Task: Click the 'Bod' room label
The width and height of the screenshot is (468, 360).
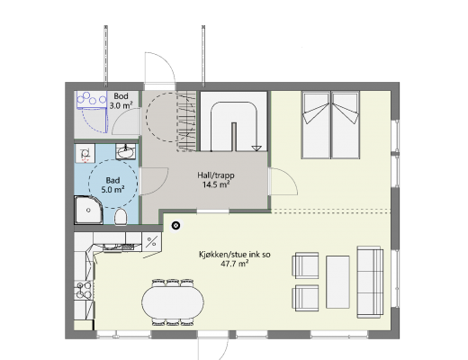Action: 121,96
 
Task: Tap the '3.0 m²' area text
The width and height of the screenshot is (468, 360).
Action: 121,105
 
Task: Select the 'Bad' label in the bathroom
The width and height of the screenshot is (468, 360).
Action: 112,180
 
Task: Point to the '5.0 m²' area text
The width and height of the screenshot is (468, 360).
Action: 112,190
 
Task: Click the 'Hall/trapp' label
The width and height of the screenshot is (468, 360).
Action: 216,175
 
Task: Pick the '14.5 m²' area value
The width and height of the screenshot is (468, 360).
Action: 216,184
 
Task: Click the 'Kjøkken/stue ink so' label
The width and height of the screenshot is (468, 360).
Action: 235,255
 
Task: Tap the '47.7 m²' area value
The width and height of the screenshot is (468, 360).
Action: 235,264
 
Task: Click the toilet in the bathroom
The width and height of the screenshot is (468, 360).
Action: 121,216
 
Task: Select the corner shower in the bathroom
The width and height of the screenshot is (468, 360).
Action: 88,210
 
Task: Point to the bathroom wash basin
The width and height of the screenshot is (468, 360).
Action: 125,151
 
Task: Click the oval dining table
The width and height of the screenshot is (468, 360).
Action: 173,301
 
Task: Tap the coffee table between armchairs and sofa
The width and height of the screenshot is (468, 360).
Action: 337,282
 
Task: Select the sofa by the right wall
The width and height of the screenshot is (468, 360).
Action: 370,282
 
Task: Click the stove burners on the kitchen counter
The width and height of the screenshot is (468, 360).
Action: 84,290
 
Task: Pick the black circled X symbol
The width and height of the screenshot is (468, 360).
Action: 175,225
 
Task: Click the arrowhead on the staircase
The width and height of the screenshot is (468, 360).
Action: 256,148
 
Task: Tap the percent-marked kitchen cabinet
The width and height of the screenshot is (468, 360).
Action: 152,242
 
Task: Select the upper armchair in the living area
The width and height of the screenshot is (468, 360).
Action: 305,265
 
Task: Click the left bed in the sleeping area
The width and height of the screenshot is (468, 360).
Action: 316,125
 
